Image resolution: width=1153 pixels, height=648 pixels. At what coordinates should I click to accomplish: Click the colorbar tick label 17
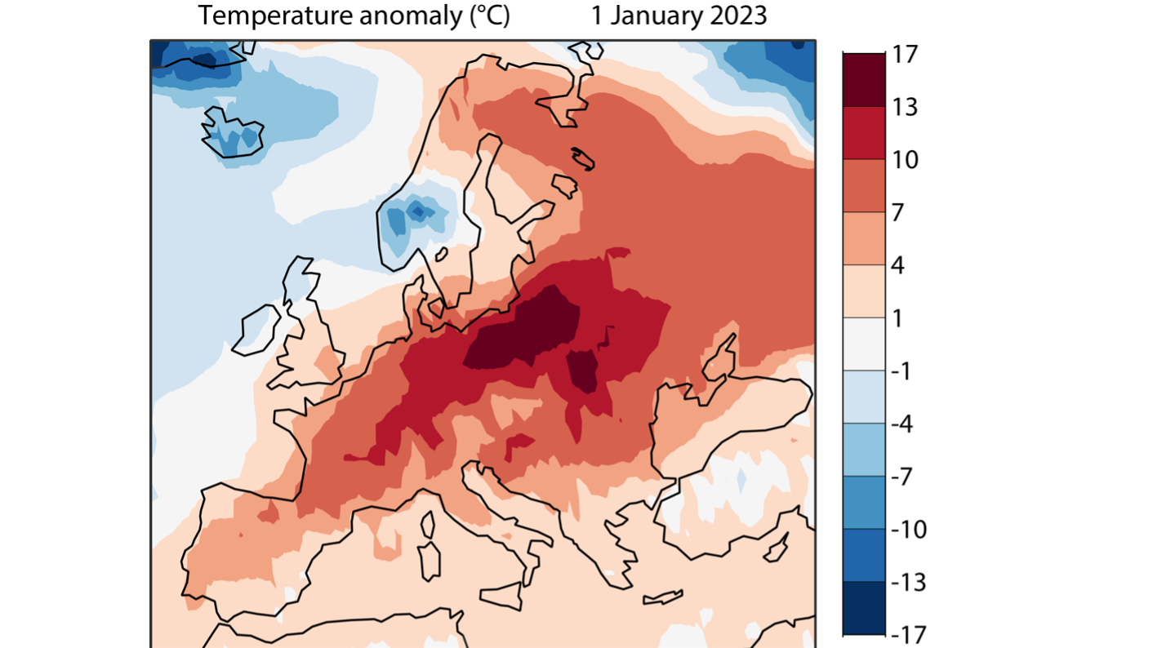[906, 55]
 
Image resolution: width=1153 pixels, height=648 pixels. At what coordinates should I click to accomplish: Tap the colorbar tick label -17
[910, 634]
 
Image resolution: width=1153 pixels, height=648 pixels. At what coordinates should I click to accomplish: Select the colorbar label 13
[906, 108]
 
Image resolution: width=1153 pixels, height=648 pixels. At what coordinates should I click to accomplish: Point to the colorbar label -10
[910, 529]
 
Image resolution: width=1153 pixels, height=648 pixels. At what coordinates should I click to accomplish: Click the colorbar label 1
[898, 318]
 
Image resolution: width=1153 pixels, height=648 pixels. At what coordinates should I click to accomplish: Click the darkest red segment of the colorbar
[864, 80]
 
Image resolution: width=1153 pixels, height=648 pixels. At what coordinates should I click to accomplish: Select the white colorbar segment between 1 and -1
[864, 344]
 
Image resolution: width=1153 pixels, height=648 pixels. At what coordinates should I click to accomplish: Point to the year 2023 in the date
[733, 16]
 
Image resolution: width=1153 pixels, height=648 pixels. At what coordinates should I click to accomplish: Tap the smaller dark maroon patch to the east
[583, 370]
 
